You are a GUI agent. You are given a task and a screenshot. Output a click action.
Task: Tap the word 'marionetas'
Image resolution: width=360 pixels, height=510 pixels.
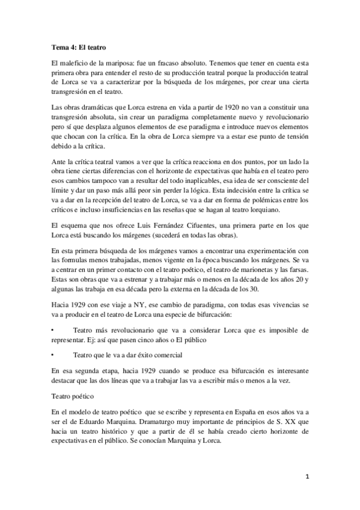[253, 272]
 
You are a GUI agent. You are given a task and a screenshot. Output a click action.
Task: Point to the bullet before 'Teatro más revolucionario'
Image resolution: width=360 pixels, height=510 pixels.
[53, 330]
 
